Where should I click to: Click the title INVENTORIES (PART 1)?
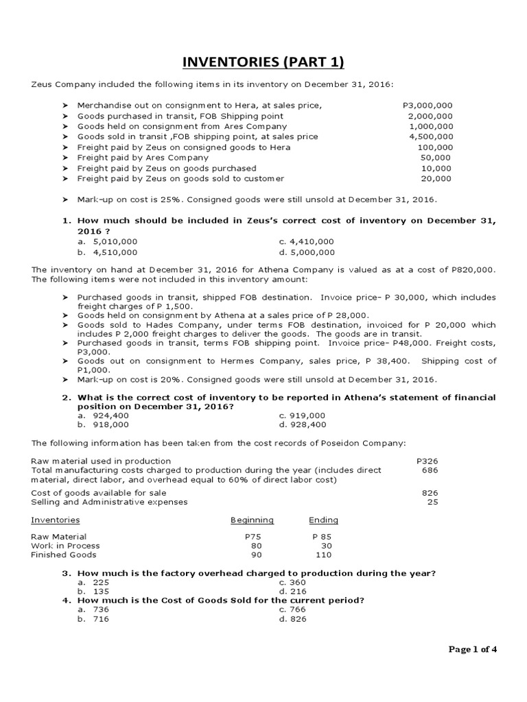263,63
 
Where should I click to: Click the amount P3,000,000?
428,106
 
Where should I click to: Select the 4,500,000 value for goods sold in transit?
430,136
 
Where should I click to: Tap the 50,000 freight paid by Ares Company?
436,158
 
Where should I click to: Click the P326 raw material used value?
427,461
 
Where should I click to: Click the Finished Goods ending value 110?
323,555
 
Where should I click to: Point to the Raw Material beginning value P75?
253,536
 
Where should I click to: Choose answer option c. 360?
296,581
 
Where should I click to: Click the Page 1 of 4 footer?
472,650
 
